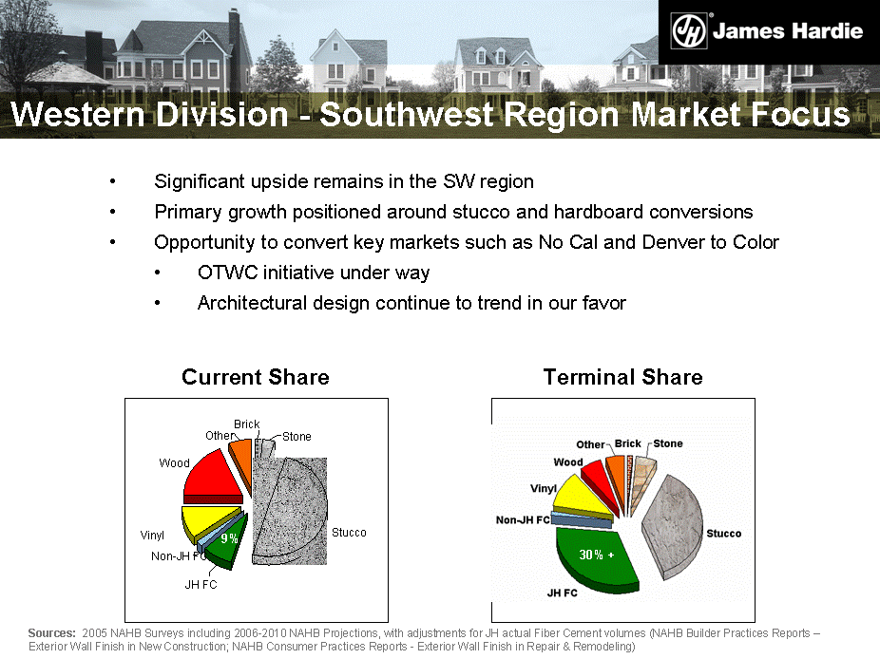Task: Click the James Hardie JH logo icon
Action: pyautogui.click(x=689, y=30)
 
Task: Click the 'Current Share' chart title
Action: pyautogui.click(x=256, y=377)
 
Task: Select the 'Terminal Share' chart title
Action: pyautogui.click(x=623, y=377)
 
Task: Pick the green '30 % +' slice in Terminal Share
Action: pyautogui.click(x=596, y=558)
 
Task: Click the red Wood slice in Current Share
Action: pyautogui.click(x=214, y=479)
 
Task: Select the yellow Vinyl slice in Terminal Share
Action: pyautogui.click(x=579, y=497)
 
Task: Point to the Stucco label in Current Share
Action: pyautogui.click(x=349, y=533)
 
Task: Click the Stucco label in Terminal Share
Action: pyautogui.click(x=723, y=534)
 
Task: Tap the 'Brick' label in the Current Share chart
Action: pyautogui.click(x=246, y=424)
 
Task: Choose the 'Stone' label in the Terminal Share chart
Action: pyautogui.click(x=668, y=443)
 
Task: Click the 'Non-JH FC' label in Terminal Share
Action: pyautogui.click(x=523, y=520)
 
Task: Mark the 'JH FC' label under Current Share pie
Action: pyautogui.click(x=201, y=584)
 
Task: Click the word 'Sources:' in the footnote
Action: pyautogui.click(x=51, y=632)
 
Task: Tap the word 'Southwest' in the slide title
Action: pyautogui.click(x=407, y=114)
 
